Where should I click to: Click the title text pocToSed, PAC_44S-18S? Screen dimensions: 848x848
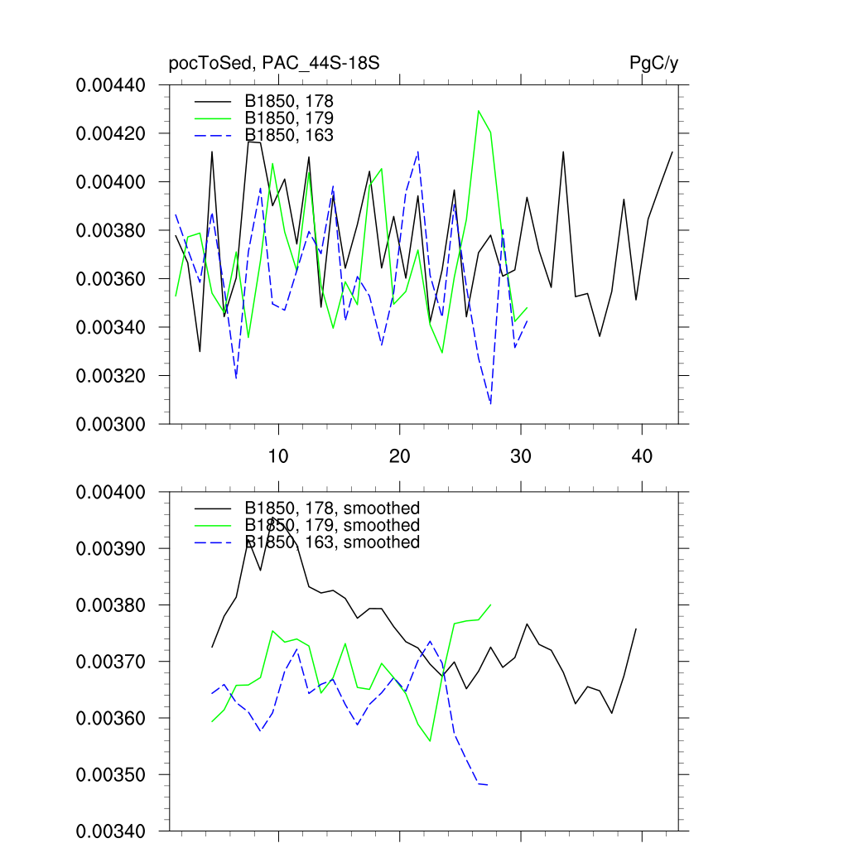point(274,64)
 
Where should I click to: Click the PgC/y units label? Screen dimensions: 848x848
point(654,64)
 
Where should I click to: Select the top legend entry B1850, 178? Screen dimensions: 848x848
point(289,101)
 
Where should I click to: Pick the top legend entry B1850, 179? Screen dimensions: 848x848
point(289,118)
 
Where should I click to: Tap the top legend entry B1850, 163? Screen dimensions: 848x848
point(289,134)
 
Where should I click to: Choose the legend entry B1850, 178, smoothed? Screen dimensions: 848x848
point(332,508)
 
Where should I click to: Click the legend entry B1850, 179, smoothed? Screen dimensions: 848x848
point(332,525)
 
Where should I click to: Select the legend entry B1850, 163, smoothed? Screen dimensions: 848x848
point(332,542)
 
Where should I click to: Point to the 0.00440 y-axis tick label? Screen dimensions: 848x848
point(111,85)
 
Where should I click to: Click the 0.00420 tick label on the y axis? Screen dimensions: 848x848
point(111,134)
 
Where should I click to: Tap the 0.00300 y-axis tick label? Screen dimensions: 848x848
point(111,425)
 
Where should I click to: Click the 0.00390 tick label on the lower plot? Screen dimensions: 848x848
point(111,549)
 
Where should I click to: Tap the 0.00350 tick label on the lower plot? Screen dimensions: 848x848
point(111,775)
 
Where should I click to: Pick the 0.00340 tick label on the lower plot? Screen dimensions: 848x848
point(111,831)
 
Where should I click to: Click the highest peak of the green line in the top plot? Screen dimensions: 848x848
point(479,110)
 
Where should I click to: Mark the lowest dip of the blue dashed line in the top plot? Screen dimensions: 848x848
point(491,404)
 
